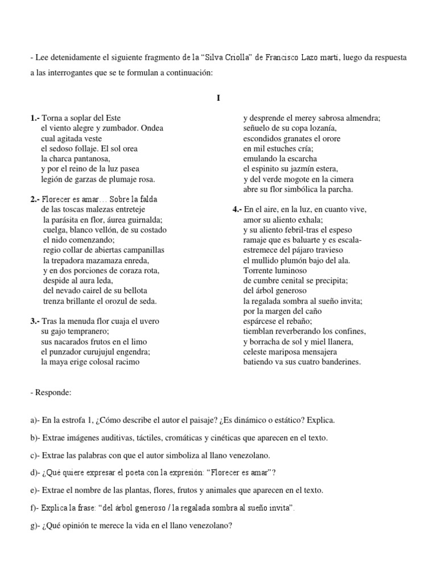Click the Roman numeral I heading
[x=218, y=98]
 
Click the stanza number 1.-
[x=35, y=118]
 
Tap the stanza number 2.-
[x=35, y=199]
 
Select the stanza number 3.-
[x=35, y=321]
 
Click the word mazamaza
[x=113, y=260]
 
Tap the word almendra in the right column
[x=359, y=118]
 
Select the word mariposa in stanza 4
[x=292, y=352]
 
